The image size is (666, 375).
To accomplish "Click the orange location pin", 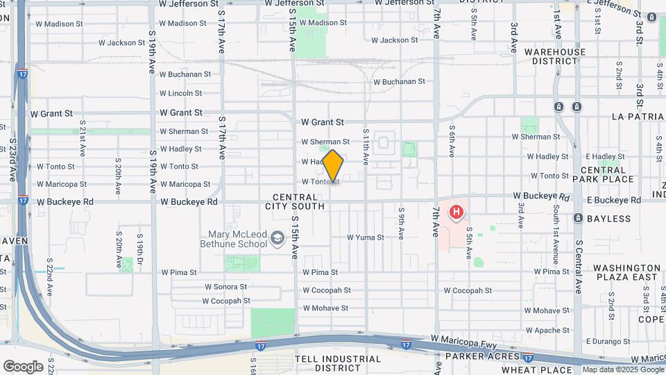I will tap(333, 166).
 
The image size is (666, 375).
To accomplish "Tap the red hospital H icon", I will tap(457, 212).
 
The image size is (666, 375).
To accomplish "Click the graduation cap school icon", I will tap(277, 239).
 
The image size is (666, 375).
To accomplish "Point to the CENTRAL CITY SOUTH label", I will tap(295, 201).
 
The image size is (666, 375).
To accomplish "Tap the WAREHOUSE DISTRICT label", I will tap(555, 56).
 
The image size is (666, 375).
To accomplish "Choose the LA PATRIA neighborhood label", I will tap(638, 117).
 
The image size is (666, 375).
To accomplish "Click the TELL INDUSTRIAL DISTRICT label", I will tap(338, 363).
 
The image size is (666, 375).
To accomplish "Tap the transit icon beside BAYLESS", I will tap(577, 218).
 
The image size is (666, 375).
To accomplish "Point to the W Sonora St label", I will tap(225, 287).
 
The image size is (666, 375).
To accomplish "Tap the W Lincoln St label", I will tap(180, 93).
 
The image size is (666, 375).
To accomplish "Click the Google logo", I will tap(23, 366).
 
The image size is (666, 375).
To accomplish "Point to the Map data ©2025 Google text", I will tap(622, 370).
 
